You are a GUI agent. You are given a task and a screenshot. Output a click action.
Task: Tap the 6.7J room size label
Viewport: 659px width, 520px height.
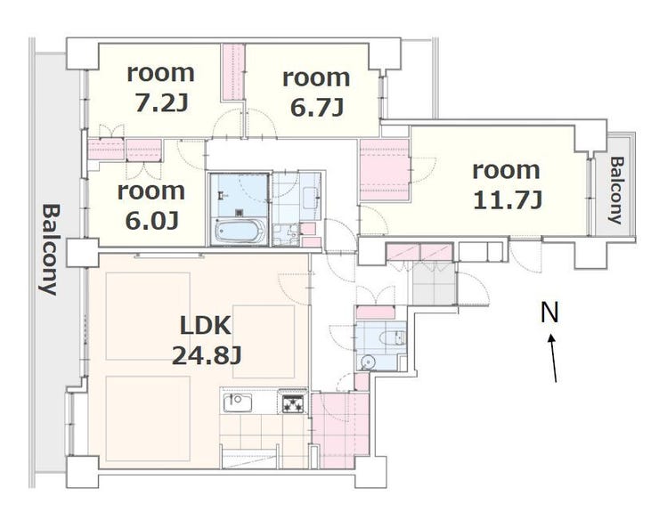click(x=317, y=108)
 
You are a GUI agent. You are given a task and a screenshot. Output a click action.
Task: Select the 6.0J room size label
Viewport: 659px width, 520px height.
click(x=151, y=220)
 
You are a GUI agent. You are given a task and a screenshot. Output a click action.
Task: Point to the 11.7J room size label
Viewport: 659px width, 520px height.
click(x=508, y=199)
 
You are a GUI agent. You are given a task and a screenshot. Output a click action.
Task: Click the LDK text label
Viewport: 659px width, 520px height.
click(x=206, y=325)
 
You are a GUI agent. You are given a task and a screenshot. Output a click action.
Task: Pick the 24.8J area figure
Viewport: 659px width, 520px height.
click(x=207, y=355)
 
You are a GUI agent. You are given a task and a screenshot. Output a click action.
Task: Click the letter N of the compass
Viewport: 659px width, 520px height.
click(x=549, y=313)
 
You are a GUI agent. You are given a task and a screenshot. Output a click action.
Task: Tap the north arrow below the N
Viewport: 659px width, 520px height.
click(x=553, y=358)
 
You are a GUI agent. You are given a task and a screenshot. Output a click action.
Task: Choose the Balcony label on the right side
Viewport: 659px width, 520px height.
click(x=616, y=191)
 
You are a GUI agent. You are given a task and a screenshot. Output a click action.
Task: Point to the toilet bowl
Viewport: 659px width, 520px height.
click(x=392, y=337)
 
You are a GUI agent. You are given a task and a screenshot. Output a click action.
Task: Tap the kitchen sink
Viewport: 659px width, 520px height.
click(x=237, y=402)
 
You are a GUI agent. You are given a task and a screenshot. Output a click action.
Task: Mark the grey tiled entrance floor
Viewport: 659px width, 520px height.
click(x=434, y=283)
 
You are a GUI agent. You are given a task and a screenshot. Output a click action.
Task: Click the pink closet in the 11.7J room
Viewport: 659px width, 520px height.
click(x=385, y=169)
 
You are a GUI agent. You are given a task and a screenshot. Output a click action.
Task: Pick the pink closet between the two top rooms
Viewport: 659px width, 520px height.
click(x=233, y=72)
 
